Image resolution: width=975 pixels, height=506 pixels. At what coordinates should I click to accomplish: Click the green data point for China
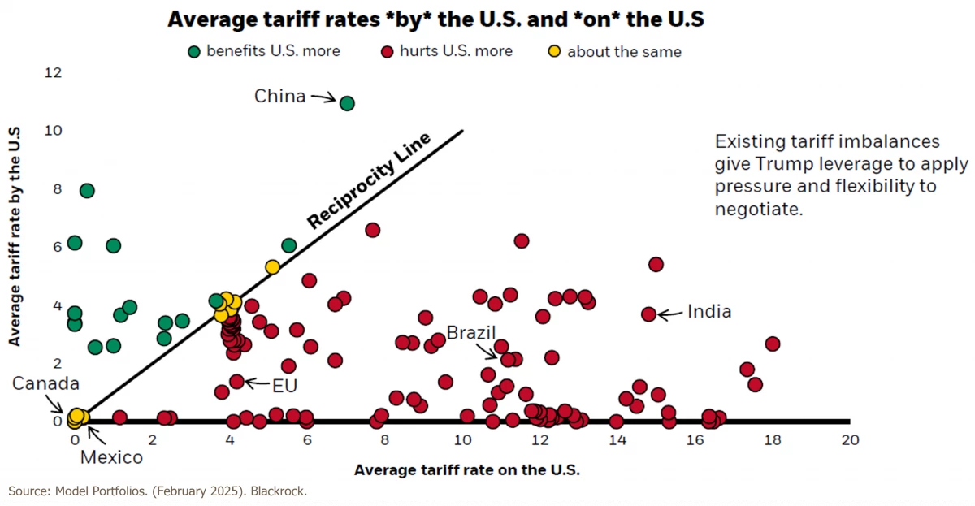click(x=347, y=103)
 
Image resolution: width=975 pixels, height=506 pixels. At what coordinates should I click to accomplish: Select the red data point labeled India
click(x=648, y=314)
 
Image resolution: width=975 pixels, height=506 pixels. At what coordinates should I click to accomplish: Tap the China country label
click(x=279, y=97)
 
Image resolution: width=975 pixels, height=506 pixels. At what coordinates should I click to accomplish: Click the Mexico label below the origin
click(x=111, y=457)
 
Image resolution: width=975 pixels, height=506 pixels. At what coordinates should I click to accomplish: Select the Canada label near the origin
click(x=45, y=383)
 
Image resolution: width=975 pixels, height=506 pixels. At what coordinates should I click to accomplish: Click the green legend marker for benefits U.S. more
click(x=194, y=52)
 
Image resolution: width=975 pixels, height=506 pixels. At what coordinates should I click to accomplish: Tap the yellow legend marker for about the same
click(x=553, y=52)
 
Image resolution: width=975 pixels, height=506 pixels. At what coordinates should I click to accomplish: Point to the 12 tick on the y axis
click(x=54, y=73)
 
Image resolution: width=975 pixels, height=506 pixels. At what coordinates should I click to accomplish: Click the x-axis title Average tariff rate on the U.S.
click(x=467, y=470)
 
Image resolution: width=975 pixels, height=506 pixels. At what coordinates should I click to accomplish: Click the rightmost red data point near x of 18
click(x=772, y=344)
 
